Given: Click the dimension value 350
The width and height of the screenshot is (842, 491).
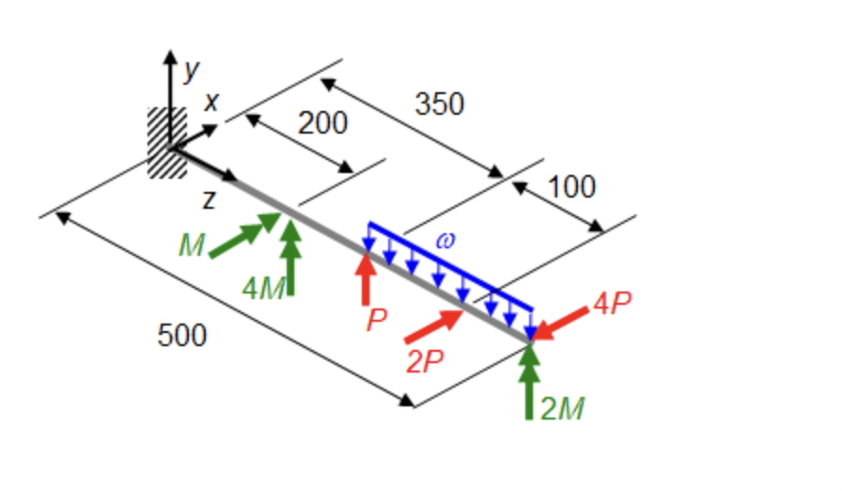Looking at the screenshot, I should tap(439, 103).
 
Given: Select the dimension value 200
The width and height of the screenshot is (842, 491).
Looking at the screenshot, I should tap(322, 122).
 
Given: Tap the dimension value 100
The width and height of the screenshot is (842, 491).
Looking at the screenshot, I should tap(571, 187).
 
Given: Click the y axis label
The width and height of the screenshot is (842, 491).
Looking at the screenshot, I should tap(192, 69).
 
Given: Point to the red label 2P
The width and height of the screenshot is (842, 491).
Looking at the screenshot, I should tap(427, 362).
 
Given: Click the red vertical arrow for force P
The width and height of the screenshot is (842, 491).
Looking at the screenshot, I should tap(366, 276).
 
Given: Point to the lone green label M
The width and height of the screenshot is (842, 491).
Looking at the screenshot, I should tap(192, 246).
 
